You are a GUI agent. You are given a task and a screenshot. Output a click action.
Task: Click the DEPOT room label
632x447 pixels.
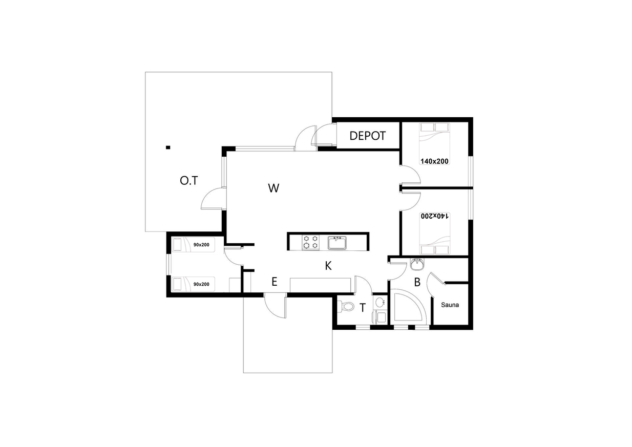[367, 136]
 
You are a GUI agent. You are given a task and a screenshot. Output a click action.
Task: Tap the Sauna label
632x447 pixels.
[450, 305]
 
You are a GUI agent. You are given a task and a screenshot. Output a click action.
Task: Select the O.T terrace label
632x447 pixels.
[189, 181]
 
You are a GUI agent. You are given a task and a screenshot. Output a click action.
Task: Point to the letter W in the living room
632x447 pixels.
[273, 188]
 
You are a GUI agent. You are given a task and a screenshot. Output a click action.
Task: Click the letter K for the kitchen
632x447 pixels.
[328, 266]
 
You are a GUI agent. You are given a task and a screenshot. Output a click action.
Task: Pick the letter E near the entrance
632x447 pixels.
[274, 282]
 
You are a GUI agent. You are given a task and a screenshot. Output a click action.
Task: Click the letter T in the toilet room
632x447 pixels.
[363, 308]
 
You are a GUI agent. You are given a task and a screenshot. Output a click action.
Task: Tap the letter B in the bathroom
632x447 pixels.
[417, 282]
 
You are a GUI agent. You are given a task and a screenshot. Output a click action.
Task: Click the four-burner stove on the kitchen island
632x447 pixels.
[311, 242]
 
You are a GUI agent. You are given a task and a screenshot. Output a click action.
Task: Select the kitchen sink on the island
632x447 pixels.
[337, 243]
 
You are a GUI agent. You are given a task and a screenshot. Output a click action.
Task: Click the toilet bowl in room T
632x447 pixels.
[347, 306]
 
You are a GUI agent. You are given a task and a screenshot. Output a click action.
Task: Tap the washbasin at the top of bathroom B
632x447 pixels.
[416, 264]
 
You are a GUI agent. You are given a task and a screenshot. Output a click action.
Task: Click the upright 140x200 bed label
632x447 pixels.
[434, 161]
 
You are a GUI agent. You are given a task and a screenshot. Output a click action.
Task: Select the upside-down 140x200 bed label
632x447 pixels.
[434, 216]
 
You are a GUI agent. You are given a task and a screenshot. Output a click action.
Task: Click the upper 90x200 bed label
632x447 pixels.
[201, 245]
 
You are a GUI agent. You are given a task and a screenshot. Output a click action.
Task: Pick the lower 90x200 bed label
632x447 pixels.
[201, 284]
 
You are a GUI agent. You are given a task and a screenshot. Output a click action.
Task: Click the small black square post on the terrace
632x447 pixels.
[168, 147]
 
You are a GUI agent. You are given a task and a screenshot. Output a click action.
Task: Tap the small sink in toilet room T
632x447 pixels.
[380, 302]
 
